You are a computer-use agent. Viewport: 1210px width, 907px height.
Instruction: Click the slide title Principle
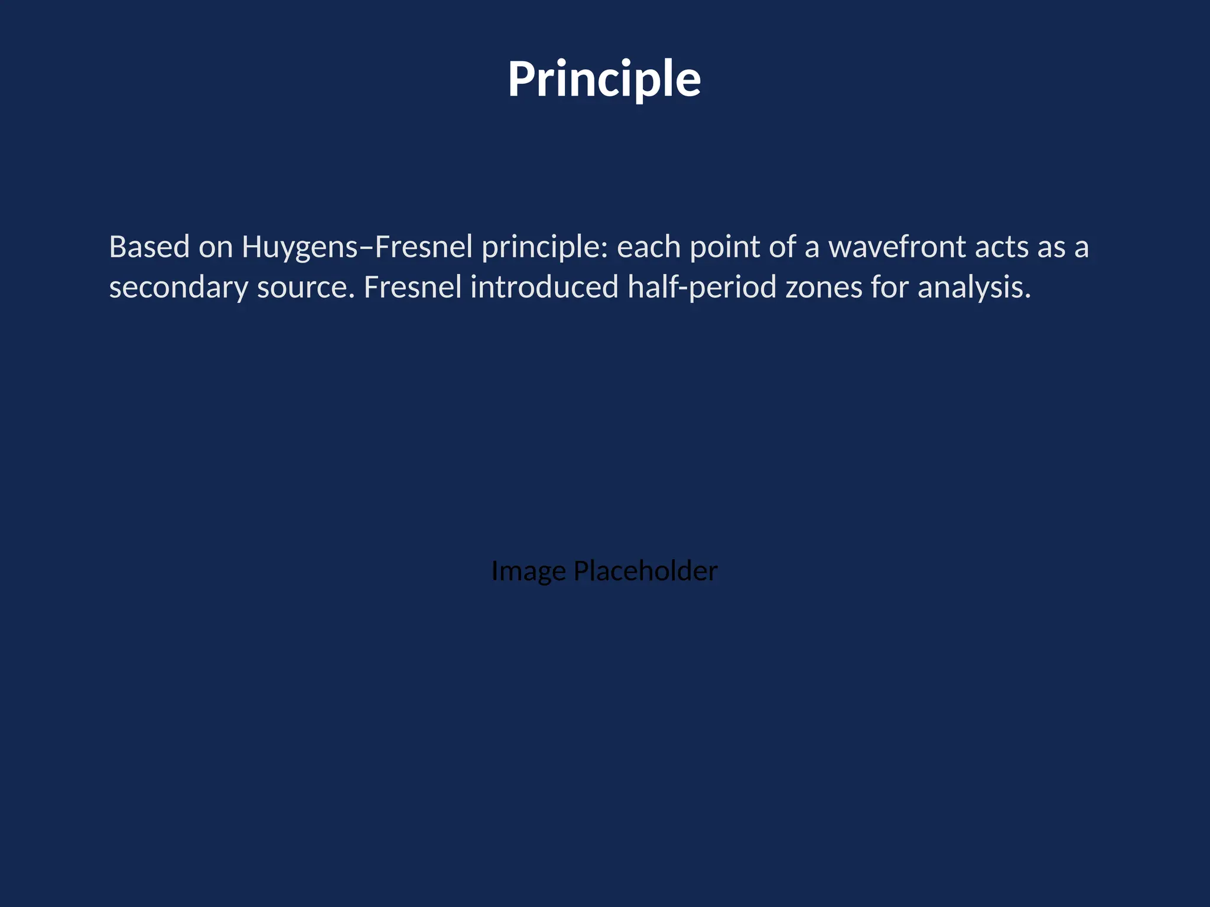604,79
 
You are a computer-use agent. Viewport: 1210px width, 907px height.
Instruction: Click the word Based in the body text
149,247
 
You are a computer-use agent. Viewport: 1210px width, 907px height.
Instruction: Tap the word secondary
178,288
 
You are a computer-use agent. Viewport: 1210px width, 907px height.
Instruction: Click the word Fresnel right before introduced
412,287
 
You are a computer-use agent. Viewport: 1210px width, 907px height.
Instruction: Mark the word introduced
544,287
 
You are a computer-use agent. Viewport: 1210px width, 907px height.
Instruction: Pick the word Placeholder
645,570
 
